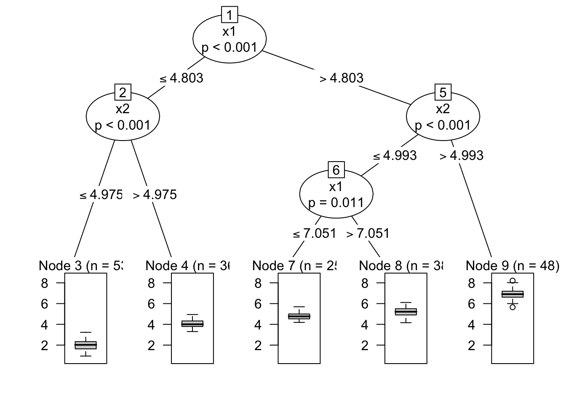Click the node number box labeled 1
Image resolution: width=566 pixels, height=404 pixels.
coord(230,16)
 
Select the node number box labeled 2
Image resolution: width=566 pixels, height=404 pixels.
coord(123,92)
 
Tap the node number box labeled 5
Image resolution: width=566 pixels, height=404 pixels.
coord(443,92)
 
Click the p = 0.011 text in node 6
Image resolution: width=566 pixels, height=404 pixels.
coord(336,203)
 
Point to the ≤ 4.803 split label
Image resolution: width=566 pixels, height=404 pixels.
coord(182,78)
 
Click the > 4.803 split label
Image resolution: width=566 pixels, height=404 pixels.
coord(342,78)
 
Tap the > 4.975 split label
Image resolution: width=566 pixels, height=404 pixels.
coord(155,195)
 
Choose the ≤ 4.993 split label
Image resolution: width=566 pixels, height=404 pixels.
coord(395,156)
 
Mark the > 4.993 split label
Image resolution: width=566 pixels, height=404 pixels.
coord(462,156)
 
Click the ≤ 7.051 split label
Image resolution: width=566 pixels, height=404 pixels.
coord(315,233)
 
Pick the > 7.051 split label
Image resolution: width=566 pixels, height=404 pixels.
coord(368,233)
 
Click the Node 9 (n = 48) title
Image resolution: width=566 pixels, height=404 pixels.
coord(513,266)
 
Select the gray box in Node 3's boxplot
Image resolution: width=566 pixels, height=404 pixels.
coord(86,345)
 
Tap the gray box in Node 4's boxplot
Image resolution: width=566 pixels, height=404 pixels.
coord(192,324)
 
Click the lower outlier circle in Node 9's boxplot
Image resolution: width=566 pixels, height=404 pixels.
coord(513,307)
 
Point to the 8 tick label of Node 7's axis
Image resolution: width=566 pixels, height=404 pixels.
coord(258,283)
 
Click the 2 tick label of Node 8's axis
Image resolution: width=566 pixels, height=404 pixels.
coord(365,346)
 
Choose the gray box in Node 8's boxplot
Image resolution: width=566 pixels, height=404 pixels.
coord(406,312)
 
